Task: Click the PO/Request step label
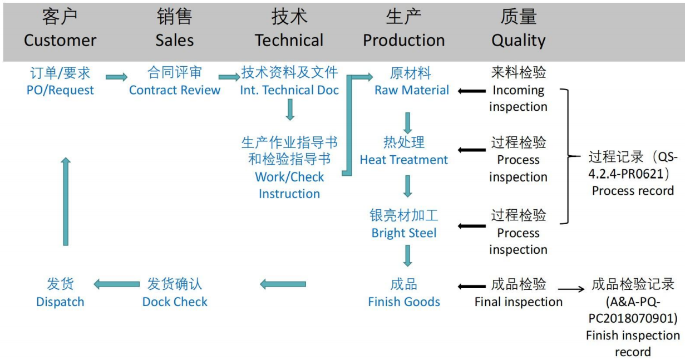tap(60, 81)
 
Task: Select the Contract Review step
tap(175, 81)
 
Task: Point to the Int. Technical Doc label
tap(289, 81)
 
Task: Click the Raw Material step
tap(411, 81)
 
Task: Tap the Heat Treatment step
tap(404, 151)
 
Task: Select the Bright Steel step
tap(404, 224)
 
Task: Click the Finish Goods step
tap(404, 293)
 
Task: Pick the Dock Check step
tap(175, 293)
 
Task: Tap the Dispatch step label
tap(60, 293)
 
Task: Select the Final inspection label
tap(518, 293)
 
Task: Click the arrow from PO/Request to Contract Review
tap(116, 77)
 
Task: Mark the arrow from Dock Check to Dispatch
tap(116, 284)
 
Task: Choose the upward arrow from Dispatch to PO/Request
tap(66, 201)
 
